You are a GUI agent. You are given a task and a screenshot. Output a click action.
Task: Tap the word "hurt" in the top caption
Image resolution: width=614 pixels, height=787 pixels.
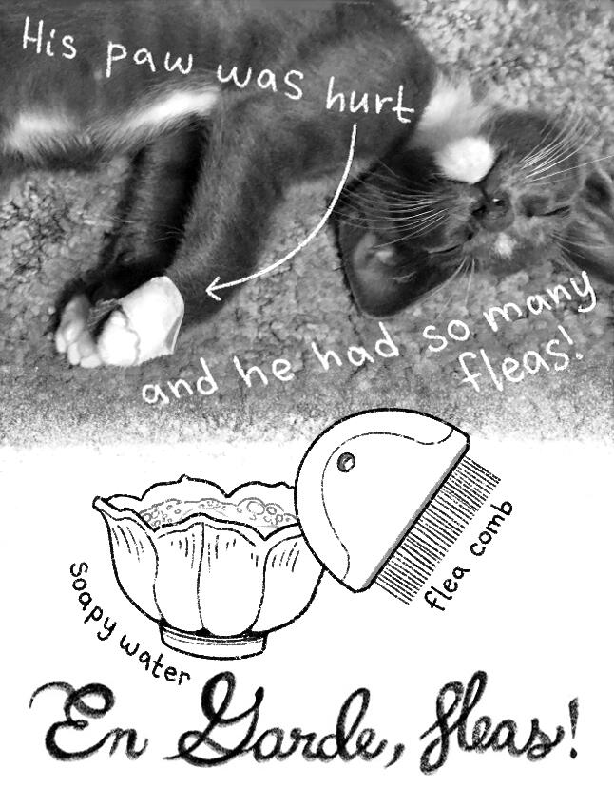369,103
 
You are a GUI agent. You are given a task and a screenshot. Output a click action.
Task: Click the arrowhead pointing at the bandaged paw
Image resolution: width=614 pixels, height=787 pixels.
217,288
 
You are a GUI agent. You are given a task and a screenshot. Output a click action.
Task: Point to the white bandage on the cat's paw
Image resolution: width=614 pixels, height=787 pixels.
141,320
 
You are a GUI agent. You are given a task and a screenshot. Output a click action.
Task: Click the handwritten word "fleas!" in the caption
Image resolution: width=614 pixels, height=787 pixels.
522,366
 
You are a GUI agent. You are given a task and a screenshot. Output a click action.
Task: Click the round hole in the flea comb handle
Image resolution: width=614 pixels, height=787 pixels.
345,461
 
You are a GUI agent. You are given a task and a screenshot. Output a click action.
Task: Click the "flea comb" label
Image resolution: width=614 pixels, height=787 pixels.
470,556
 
